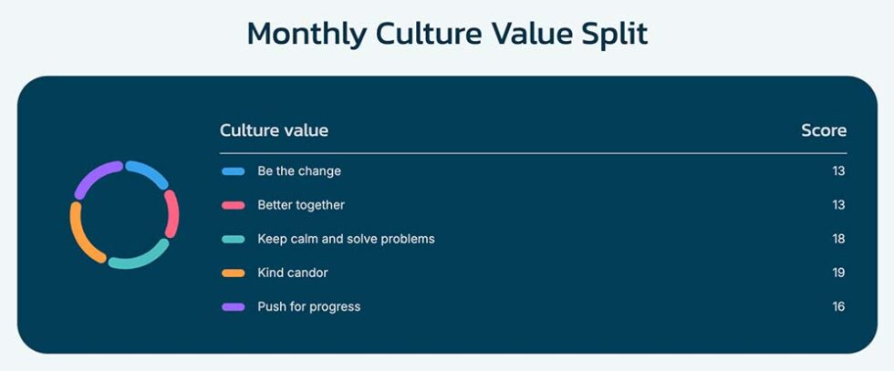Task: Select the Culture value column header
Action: (x=274, y=130)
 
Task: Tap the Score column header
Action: (x=824, y=130)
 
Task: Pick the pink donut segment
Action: (x=172, y=213)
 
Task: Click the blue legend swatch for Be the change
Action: (x=234, y=171)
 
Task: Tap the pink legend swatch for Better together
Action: (x=234, y=205)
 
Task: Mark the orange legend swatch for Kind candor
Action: (x=234, y=273)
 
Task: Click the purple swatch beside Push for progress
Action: (x=234, y=307)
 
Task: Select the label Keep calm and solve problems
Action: (x=346, y=239)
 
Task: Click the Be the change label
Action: (x=299, y=171)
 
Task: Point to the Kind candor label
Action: (x=293, y=273)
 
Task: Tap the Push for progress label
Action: (x=309, y=306)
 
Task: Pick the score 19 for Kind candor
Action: (x=838, y=273)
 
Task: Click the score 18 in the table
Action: (x=838, y=239)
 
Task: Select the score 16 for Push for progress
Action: (x=838, y=306)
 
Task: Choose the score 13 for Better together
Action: (x=838, y=205)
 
